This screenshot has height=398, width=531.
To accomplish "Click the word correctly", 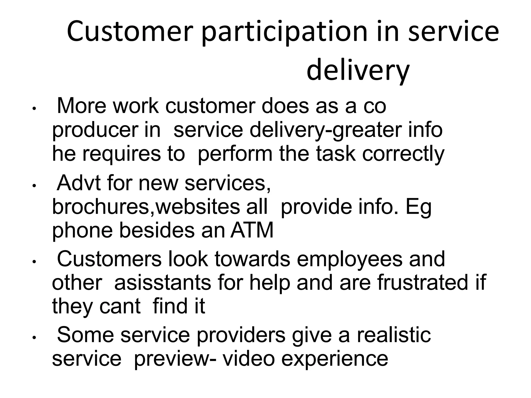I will pos(403,154).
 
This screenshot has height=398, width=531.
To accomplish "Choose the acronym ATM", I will pos(252,230).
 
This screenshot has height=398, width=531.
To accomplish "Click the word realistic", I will pos(394,335).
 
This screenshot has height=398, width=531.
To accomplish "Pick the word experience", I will pos(334,359).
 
